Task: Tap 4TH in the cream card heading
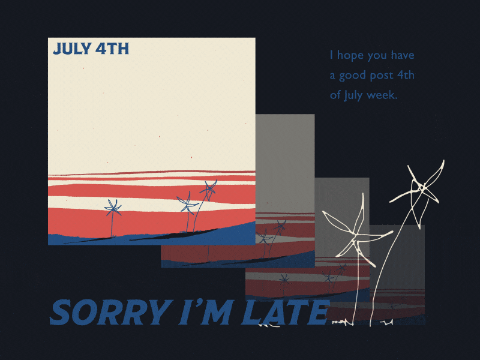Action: click(x=112, y=49)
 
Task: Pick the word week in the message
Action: click(x=384, y=95)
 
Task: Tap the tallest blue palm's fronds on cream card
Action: click(x=209, y=190)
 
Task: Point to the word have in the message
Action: click(x=401, y=56)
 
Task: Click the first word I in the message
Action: click(x=331, y=56)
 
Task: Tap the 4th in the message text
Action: click(x=406, y=76)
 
